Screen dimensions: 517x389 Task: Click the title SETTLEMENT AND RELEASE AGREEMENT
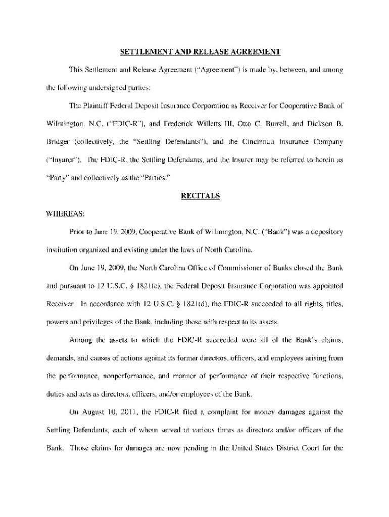pyautogui.click(x=200, y=51)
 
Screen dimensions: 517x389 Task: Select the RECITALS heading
pyautogui.click(x=200, y=196)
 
